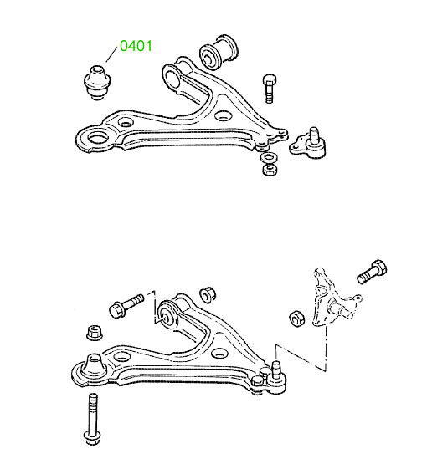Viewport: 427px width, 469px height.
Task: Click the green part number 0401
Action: click(x=136, y=46)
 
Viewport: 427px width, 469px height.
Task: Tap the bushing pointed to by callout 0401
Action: click(x=97, y=82)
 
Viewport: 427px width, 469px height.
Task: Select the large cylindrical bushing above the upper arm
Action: click(x=219, y=53)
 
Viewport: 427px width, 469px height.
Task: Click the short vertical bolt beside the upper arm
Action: click(x=269, y=89)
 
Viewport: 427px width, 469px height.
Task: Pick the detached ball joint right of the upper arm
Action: click(x=308, y=143)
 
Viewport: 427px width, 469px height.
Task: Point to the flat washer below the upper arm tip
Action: click(x=270, y=157)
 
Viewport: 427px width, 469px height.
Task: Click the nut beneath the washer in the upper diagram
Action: click(x=270, y=170)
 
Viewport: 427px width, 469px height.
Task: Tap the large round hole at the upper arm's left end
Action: click(x=98, y=139)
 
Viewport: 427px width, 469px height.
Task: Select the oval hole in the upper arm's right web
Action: click(x=224, y=115)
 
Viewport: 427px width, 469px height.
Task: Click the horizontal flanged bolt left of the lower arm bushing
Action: click(x=126, y=305)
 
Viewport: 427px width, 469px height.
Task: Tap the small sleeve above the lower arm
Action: click(x=208, y=294)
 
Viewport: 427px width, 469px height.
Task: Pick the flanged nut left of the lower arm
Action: click(x=95, y=332)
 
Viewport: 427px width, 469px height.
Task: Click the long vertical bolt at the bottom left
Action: click(x=93, y=420)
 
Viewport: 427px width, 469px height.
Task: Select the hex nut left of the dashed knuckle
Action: click(x=297, y=319)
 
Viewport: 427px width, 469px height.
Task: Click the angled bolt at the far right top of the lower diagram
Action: click(x=372, y=272)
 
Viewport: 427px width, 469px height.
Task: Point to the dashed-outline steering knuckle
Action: click(x=332, y=299)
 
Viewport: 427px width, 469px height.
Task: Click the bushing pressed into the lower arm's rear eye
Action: click(x=167, y=317)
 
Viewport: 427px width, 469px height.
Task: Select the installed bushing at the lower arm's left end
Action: click(x=94, y=367)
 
